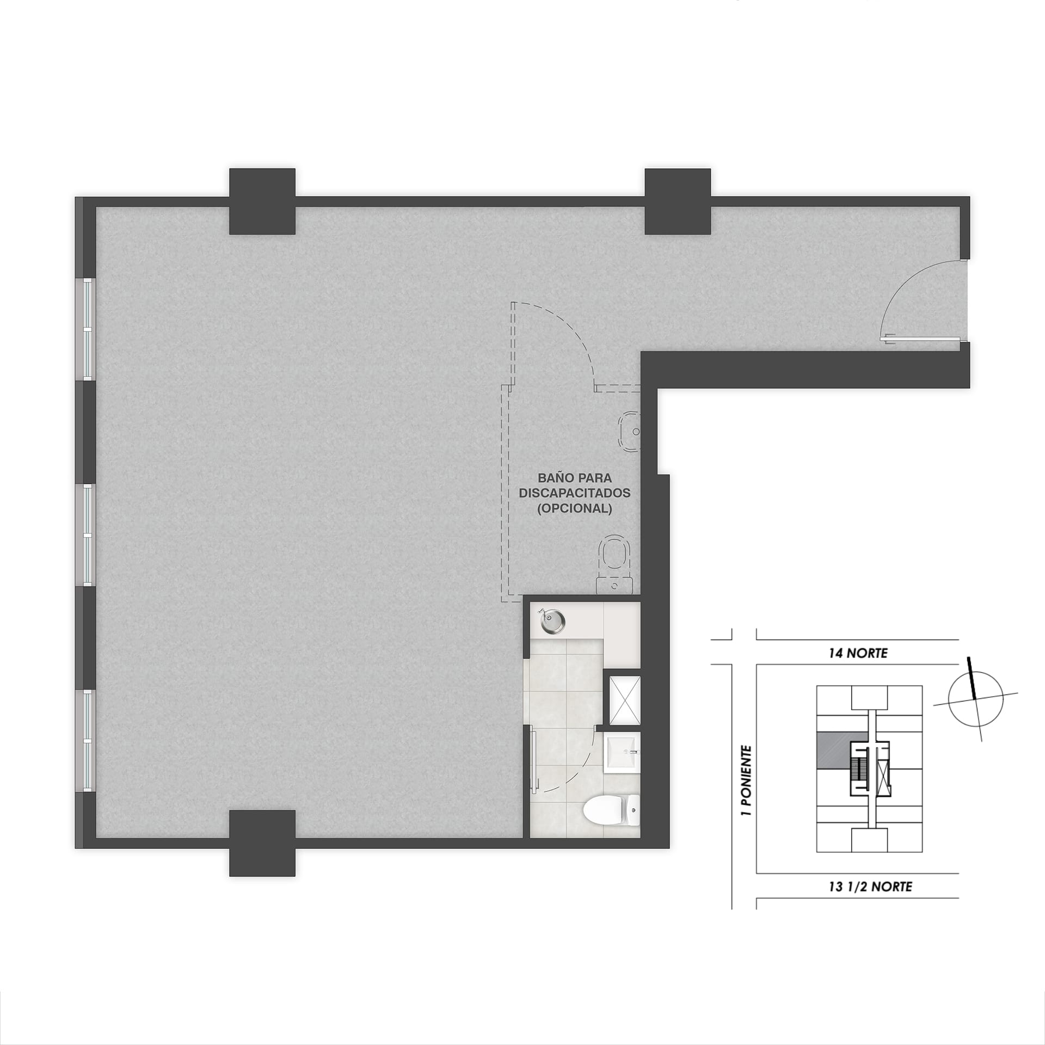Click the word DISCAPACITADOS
(x=574, y=493)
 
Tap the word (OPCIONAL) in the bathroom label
(x=574, y=509)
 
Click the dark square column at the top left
(x=262, y=201)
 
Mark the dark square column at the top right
(x=678, y=201)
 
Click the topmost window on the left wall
(x=89, y=329)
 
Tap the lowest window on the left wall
(x=89, y=741)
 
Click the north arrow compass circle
(x=975, y=699)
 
